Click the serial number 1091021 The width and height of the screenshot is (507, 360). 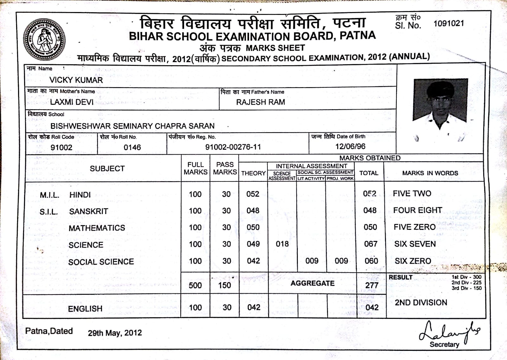(448, 24)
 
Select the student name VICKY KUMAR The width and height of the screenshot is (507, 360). (76, 80)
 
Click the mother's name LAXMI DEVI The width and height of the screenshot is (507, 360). (72, 102)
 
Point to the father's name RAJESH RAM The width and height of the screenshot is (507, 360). (260, 102)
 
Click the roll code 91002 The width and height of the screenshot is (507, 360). (61, 148)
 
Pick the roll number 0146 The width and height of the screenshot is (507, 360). (132, 148)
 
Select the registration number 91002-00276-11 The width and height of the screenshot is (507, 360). (233, 147)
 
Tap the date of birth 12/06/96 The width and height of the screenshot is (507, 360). (350, 147)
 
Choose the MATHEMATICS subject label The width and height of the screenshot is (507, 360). (97, 228)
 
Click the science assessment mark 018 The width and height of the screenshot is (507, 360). (282, 244)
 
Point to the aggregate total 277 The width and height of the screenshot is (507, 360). (371, 285)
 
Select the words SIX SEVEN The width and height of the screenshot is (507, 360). (415, 244)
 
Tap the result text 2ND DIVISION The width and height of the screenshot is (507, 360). (421, 303)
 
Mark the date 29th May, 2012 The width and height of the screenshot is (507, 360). (115, 333)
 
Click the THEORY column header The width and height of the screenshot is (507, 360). (253, 173)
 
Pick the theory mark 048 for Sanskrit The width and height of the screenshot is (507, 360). (253, 211)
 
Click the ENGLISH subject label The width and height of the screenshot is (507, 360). (85, 309)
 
